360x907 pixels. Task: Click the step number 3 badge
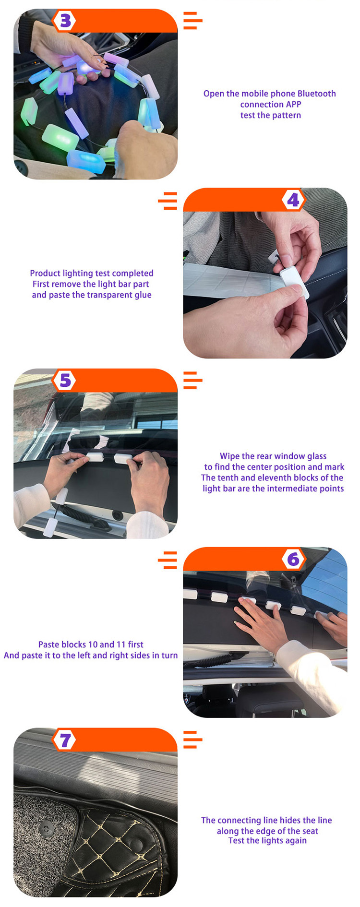tap(65, 21)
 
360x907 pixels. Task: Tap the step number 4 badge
tap(293, 200)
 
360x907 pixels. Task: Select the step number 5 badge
tap(65, 381)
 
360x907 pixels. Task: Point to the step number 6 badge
tap(293, 559)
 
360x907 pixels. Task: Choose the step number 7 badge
tap(65, 740)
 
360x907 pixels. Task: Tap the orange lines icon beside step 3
tap(193, 21)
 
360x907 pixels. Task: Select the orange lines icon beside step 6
tap(168, 560)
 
